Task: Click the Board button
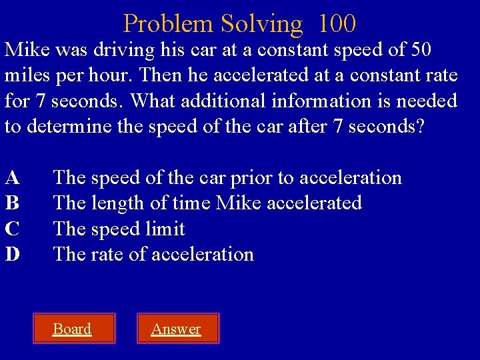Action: [72, 329]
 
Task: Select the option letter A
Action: [12, 178]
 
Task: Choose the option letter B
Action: [12, 203]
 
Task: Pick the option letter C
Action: [12, 229]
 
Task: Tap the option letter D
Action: [12, 254]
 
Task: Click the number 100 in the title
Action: [337, 24]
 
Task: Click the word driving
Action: [127, 50]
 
